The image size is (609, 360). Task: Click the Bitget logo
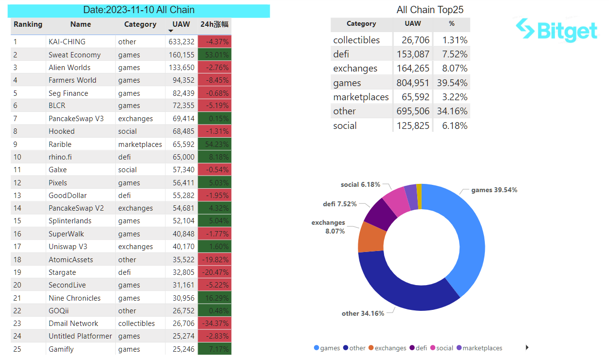(x=556, y=30)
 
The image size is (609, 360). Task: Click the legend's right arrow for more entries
(x=527, y=347)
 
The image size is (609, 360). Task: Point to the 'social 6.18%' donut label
(x=360, y=185)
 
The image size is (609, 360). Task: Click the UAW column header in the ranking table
(x=181, y=24)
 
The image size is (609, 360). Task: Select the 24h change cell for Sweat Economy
(x=214, y=54)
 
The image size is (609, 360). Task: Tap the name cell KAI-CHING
(x=67, y=42)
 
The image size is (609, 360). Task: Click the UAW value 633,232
(x=182, y=42)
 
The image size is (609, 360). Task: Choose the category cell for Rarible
(x=140, y=144)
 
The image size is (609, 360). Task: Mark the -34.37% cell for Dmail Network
(x=214, y=324)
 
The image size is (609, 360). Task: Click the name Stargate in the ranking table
(x=62, y=272)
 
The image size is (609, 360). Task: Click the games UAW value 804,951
(x=413, y=83)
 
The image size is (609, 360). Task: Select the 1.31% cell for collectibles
(x=452, y=40)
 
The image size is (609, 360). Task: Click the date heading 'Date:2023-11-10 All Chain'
(x=139, y=10)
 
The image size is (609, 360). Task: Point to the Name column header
(x=80, y=24)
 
